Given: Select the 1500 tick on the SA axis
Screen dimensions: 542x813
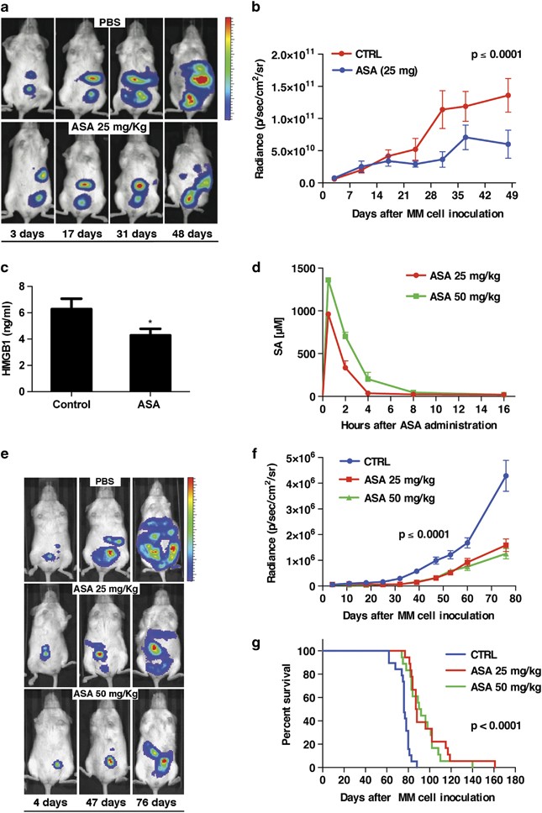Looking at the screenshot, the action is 304,268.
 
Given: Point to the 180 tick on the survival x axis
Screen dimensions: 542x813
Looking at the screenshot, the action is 514,779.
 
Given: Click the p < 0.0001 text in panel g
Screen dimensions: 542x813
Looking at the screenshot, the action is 496,726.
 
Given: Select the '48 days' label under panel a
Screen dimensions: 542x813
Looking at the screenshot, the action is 192,233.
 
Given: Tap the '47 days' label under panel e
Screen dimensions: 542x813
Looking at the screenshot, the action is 106,802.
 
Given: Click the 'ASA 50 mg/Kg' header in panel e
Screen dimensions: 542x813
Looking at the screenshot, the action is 106,693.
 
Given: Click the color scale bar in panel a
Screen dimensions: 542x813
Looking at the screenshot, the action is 229,69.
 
